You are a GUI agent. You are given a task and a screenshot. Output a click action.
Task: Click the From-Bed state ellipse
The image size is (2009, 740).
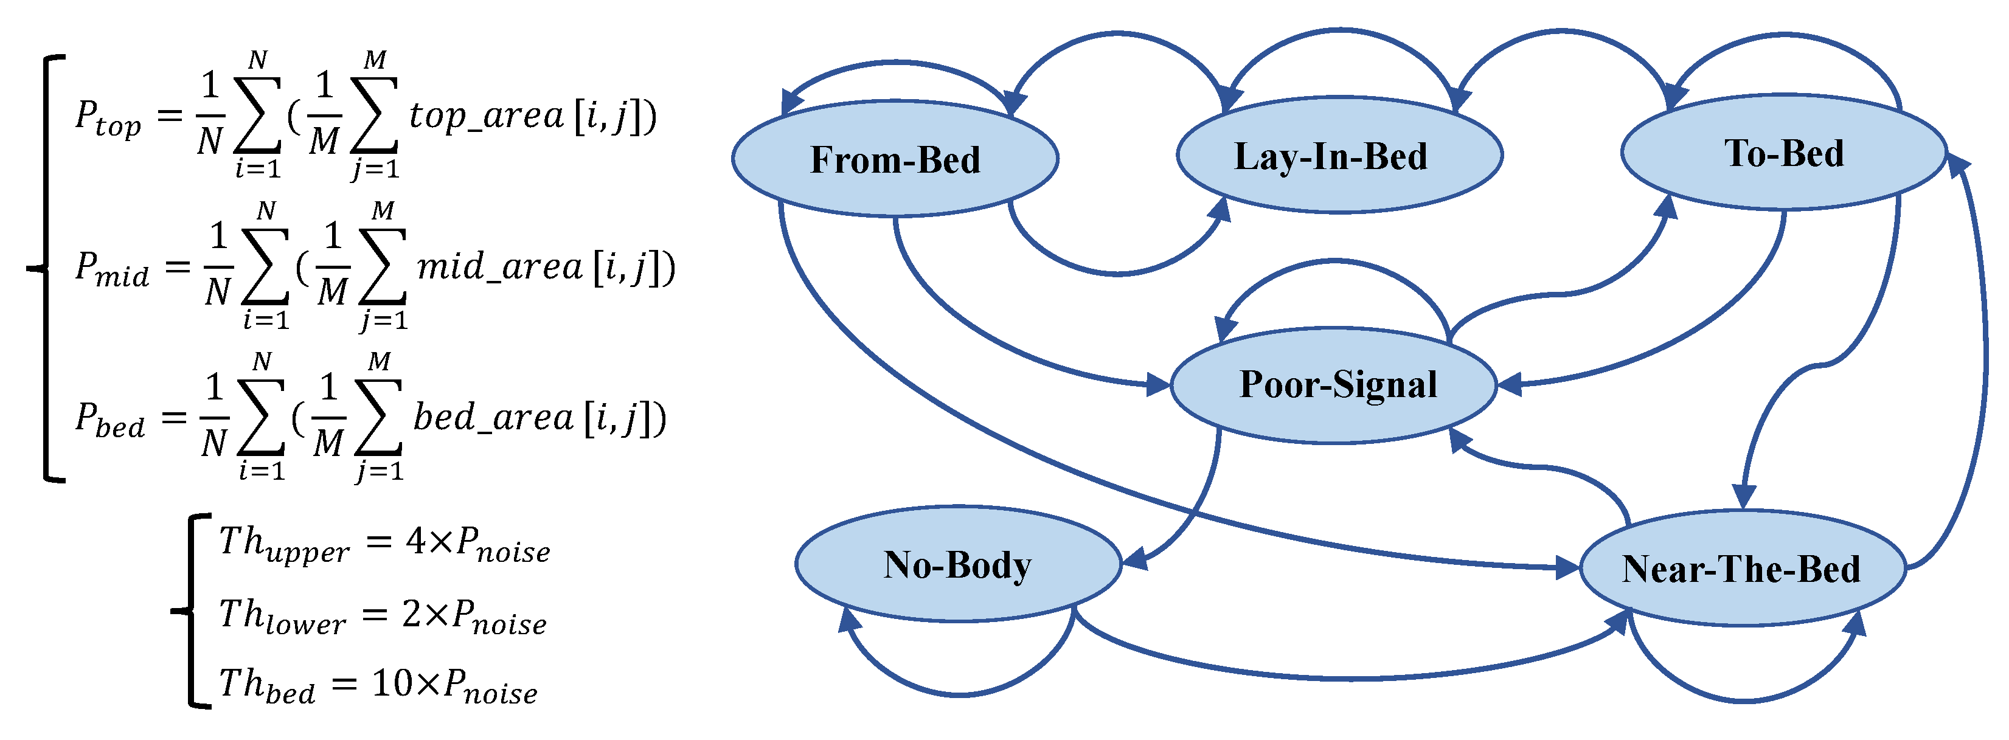[x=895, y=159]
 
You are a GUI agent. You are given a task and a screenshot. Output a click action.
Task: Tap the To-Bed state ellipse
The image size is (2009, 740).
[x=1783, y=153]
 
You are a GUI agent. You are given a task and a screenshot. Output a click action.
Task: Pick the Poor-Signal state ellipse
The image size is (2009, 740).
[x=1334, y=384]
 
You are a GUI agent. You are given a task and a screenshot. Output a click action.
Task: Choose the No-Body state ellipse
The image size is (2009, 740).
[x=958, y=564]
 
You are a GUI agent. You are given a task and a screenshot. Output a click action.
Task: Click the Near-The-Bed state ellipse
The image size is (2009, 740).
[x=1741, y=569]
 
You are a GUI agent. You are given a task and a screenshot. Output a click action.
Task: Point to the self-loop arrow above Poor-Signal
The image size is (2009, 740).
[x=1334, y=263]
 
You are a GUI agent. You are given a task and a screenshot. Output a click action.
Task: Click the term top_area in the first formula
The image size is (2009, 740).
[x=485, y=117]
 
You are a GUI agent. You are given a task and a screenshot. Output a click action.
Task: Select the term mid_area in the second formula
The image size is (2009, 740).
[x=499, y=268]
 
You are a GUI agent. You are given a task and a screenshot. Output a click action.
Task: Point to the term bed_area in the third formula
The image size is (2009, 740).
[x=493, y=419]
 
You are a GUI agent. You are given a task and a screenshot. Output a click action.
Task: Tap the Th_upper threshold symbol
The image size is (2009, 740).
[x=283, y=544]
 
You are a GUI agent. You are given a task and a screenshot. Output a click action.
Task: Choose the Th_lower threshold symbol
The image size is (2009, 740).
[x=282, y=616]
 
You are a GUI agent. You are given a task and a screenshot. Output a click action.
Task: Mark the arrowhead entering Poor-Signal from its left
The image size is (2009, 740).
[x=1158, y=384]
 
